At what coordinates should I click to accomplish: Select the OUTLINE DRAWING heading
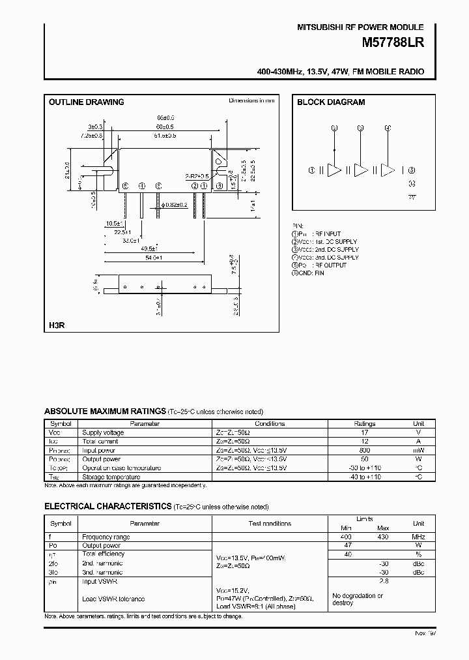point(87,102)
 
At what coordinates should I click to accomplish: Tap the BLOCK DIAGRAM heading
point(331,102)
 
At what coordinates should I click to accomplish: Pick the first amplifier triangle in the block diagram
point(334,170)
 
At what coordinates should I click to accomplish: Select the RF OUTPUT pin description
point(328,265)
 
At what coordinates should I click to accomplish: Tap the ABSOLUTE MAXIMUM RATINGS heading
point(105,411)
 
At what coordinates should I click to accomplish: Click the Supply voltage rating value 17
point(365,432)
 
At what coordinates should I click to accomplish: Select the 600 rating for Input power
point(365,450)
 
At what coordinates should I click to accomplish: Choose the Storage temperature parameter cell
point(112,477)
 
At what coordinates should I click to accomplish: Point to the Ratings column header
point(365,423)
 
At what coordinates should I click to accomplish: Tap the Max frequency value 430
point(382,537)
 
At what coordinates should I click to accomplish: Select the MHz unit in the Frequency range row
point(418,537)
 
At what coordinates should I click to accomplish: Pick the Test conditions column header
point(270,523)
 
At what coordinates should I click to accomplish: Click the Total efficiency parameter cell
point(103,554)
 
